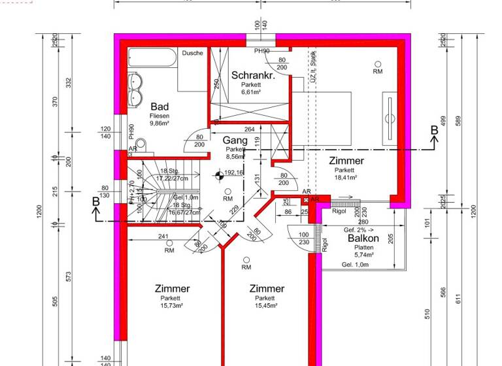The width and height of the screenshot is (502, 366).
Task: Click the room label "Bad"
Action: coord(159,107)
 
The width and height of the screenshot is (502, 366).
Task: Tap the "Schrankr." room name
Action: coord(252,75)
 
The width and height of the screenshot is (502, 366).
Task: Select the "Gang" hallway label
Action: coord(235,141)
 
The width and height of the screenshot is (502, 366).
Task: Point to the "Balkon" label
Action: coord(363,239)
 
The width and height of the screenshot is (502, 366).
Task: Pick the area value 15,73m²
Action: coord(173,305)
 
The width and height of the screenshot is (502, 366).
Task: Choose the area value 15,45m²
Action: coord(267,305)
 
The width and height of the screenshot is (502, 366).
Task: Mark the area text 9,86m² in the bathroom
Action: coord(159,123)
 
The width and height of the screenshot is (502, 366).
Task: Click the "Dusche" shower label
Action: coord(192,53)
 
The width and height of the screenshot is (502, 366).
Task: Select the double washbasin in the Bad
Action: coord(136,90)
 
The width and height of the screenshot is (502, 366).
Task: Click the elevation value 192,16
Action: coord(233,173)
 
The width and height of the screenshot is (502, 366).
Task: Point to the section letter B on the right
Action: coord(433,131)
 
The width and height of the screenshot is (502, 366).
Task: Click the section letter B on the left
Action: coord(95,202)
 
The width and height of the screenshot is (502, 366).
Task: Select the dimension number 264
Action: coord(249,129)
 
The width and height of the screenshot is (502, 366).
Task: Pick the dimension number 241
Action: coord(164,237)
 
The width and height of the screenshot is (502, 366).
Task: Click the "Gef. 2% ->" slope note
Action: coord(358,230)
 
